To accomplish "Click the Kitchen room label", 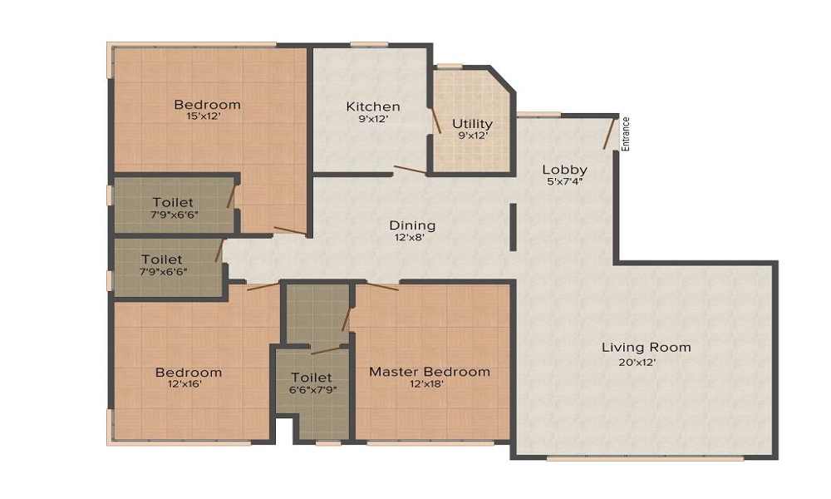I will coord(373,106).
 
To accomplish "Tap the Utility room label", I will coord(472,124).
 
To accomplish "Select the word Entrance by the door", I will coord(627,133).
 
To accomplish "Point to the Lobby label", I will coord(565,169).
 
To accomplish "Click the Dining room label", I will coord(412,225).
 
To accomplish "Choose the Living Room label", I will coord(646,347).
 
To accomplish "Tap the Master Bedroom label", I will coord(430,371).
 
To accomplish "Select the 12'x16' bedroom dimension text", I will coord(187,384).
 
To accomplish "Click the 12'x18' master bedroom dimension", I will coord(425,383).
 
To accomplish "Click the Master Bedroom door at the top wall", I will coord(382,287).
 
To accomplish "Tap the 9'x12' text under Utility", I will coord(472,136).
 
